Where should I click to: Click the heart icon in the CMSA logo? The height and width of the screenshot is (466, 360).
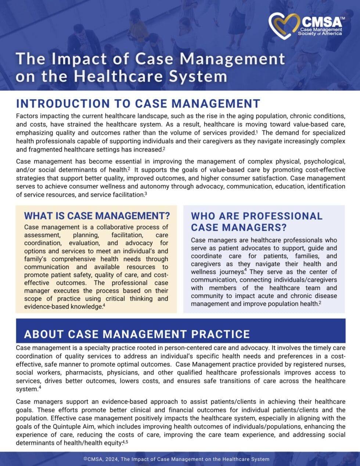(284, 26)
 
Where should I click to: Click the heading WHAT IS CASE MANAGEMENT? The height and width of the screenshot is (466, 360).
(97, 215)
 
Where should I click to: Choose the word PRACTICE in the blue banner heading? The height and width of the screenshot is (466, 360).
(220, 334)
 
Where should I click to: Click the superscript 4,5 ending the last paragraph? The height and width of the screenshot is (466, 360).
(125, 442)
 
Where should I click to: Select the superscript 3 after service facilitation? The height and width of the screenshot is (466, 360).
(146, 194)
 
